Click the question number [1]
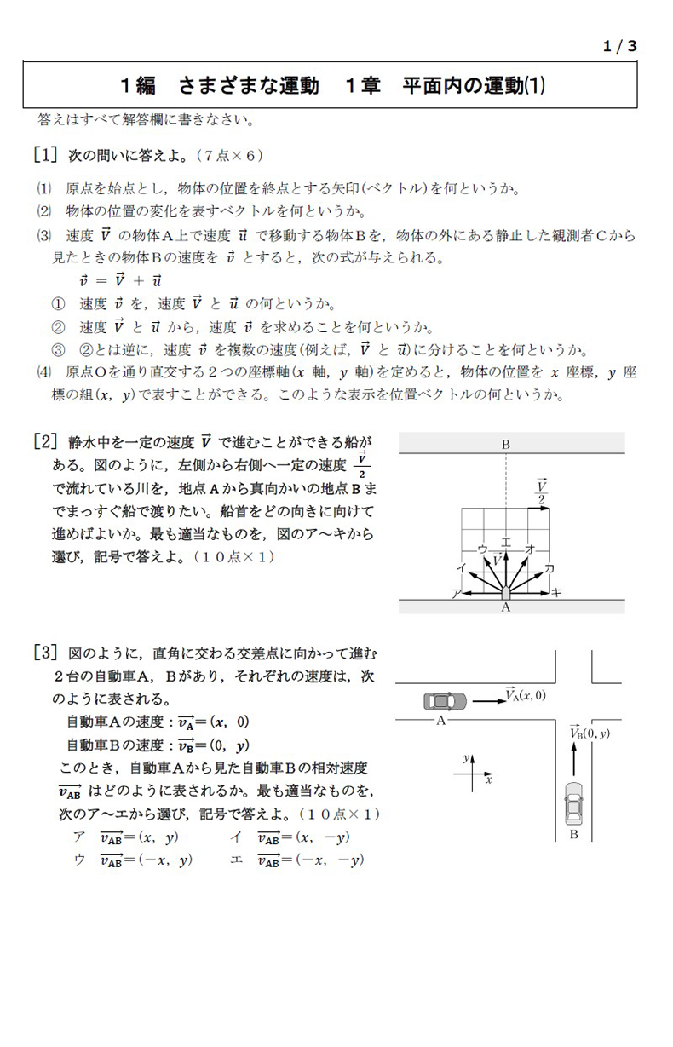[45, 155]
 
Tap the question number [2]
[45, 441]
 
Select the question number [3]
[45, 653]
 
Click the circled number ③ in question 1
[58, 350]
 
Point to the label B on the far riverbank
[505, 444]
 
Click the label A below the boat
[505, 608]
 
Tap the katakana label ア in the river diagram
[456, 593]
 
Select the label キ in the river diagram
[556, 593]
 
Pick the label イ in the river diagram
[461, 567]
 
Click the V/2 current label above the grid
[541, 492]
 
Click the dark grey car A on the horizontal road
[444, 701]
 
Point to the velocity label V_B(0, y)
[590, 732]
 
